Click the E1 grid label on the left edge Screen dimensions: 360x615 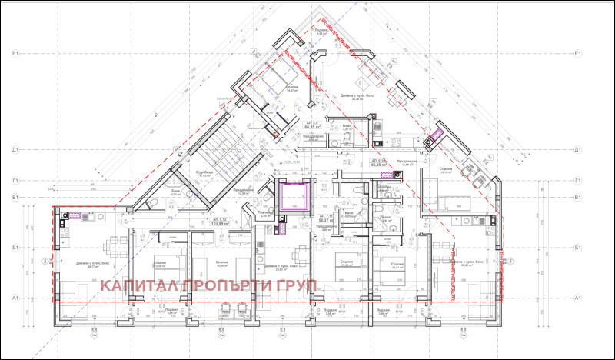(15, 54)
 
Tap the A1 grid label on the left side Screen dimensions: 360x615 (15, 297)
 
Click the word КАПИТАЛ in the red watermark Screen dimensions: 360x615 (138, 285)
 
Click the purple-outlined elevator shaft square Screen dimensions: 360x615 (294, 195)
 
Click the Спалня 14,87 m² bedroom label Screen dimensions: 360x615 (291, 89)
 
